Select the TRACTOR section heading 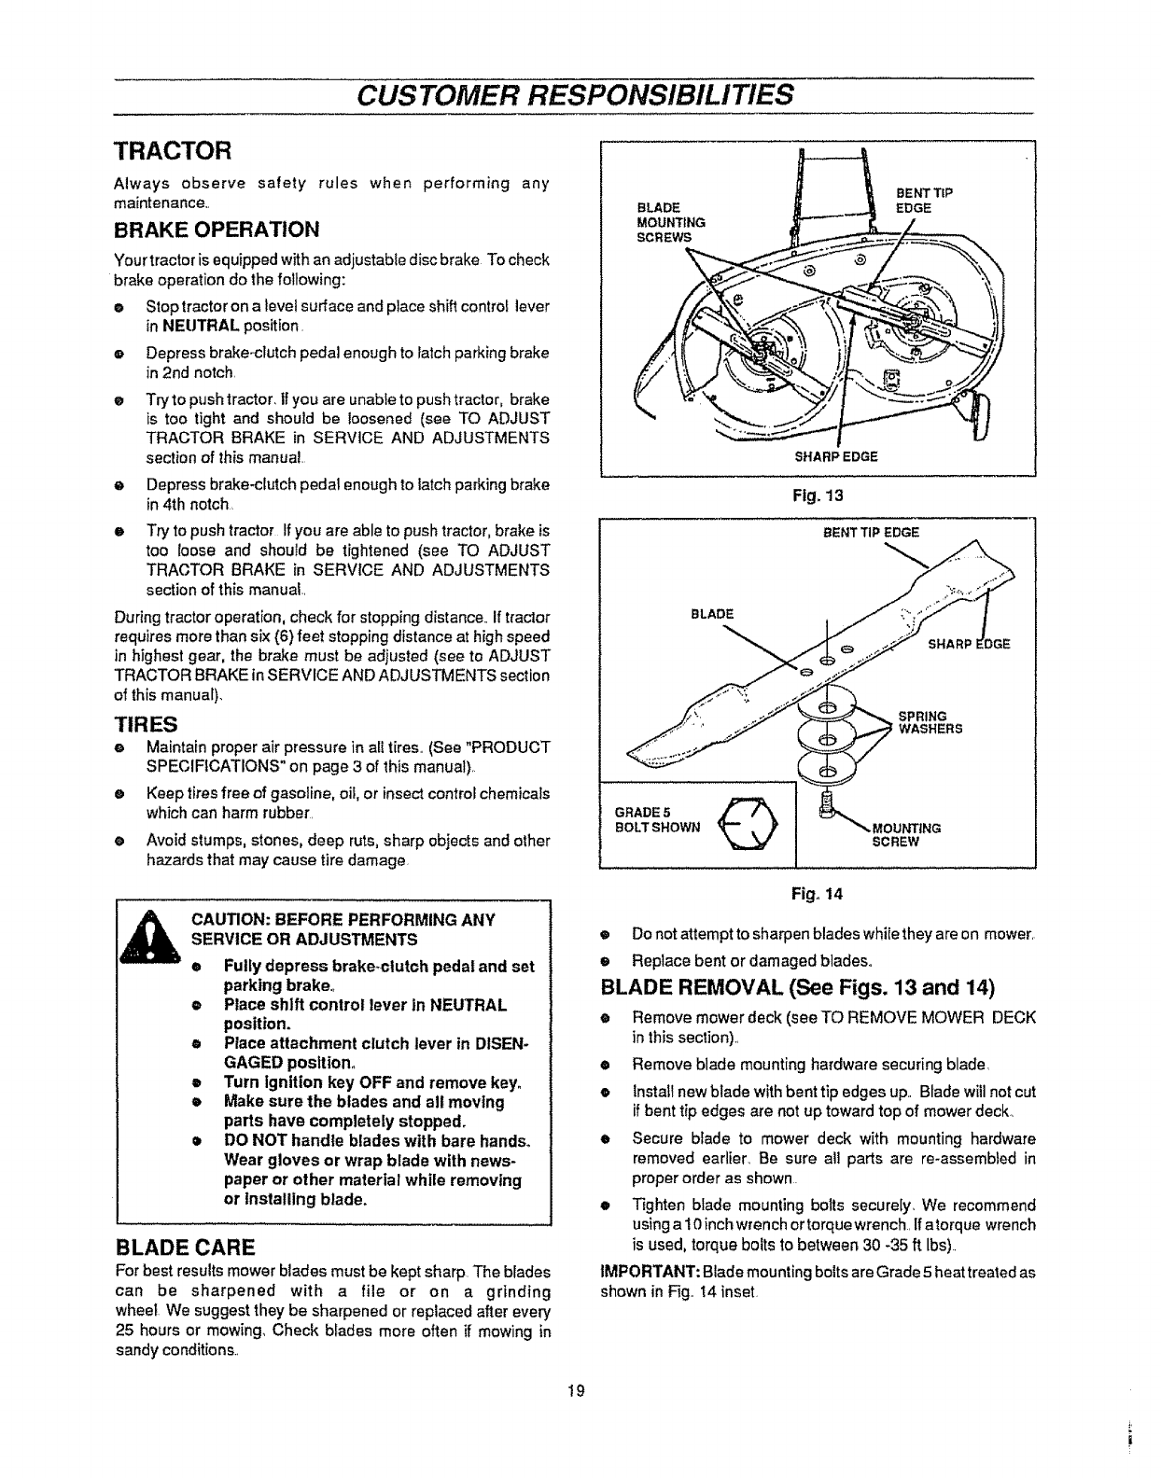pyautogui.click(x=173, y=150)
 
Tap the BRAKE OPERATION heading pyautogui.click(x=217, y=230)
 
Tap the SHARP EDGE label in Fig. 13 pyautogui.click(x=835, y=456)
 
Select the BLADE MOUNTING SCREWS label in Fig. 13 pyautogui.click(x=669, y=222)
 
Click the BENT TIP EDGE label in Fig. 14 pyautogui.click(x=871, y=533)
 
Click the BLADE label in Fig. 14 pyautogui.click(x=712, y=613)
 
